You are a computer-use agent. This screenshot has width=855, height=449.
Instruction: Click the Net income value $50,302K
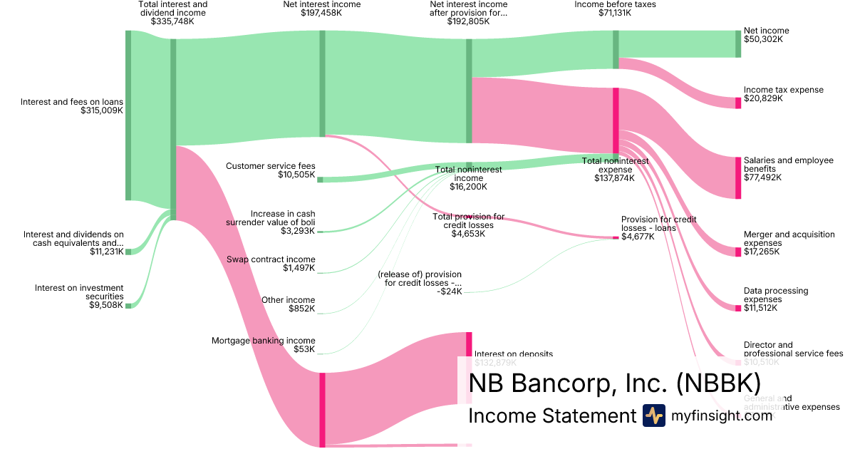pos(763,40)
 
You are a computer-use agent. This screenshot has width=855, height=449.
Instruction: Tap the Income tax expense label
pos(783,90)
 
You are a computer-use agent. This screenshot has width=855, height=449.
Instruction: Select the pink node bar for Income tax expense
pos(738,103)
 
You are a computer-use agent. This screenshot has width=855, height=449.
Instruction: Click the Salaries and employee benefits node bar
pos(738,177)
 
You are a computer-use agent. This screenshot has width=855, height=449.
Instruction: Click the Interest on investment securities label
pos(79,291)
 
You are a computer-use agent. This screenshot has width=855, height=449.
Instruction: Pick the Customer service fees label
pos(270,166)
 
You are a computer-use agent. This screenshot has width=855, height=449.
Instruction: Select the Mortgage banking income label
pos(263,341)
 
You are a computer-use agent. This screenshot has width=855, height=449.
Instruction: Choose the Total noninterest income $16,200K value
pos(468,187)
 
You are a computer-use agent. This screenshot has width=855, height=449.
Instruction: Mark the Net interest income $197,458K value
pos(321,13)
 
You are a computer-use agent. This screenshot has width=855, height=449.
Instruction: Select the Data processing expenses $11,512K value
pos(761,308)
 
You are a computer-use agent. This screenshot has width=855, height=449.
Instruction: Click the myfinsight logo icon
pos(654,416)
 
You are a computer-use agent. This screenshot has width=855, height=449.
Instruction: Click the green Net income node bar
pos(738,43)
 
